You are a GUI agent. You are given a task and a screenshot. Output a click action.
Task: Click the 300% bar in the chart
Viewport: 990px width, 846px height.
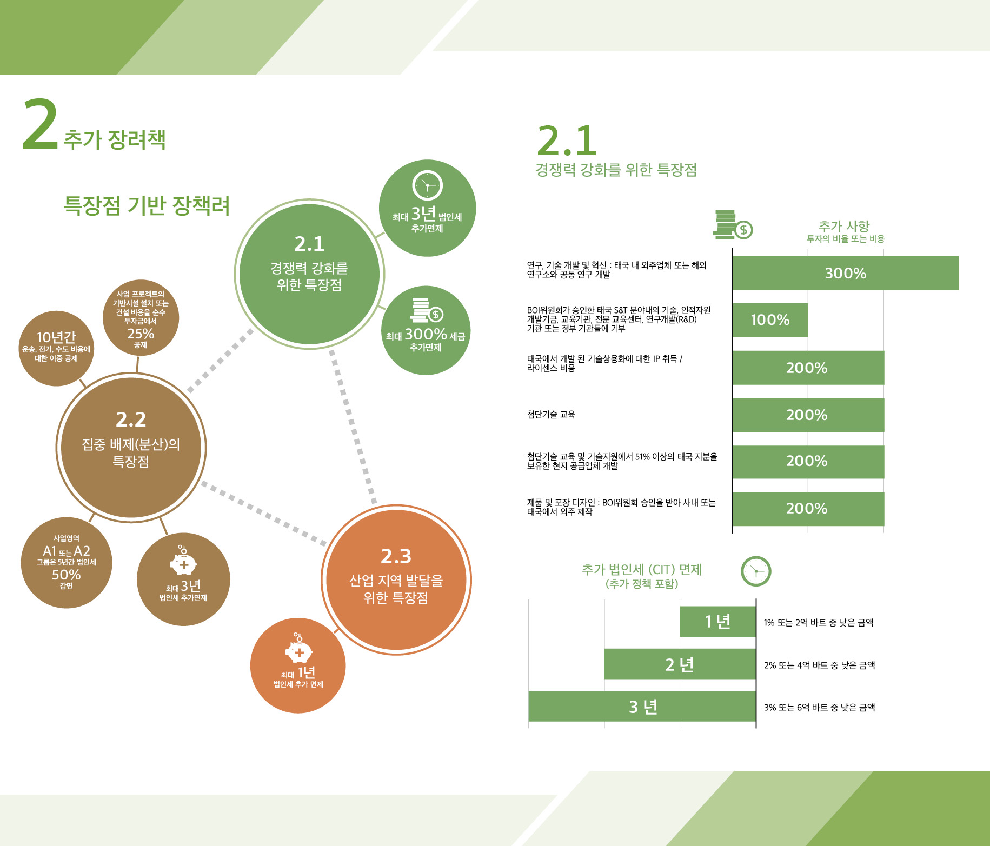846,273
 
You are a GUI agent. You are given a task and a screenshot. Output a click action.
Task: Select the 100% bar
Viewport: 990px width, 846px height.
770,320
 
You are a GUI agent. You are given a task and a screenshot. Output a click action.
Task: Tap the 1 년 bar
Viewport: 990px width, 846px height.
717,622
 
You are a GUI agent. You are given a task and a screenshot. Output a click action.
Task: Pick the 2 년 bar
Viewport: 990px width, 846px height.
680,664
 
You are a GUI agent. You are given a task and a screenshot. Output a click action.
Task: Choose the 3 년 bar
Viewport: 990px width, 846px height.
642,706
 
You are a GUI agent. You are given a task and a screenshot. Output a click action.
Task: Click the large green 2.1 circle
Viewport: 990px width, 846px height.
309,274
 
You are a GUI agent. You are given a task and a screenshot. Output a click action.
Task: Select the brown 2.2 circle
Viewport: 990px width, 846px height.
131,447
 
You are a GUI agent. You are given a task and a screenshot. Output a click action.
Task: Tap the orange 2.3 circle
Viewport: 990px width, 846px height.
396,580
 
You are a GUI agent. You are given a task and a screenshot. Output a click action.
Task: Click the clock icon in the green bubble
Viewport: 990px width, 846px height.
428,186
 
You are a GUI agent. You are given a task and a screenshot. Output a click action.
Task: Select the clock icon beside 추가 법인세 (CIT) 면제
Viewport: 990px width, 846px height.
756,571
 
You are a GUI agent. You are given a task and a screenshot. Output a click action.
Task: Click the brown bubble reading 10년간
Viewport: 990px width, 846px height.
56,349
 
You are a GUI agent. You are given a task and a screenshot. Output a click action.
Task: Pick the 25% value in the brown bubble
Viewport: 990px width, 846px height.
141,334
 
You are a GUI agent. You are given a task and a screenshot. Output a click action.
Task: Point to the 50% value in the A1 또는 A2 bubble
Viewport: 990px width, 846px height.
66,575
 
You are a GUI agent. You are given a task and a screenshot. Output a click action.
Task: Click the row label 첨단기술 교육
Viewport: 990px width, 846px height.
551,415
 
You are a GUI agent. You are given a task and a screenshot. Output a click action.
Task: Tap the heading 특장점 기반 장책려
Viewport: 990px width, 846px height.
147,205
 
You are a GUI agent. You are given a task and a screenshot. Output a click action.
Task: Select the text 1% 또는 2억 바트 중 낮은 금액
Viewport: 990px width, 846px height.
819,622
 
